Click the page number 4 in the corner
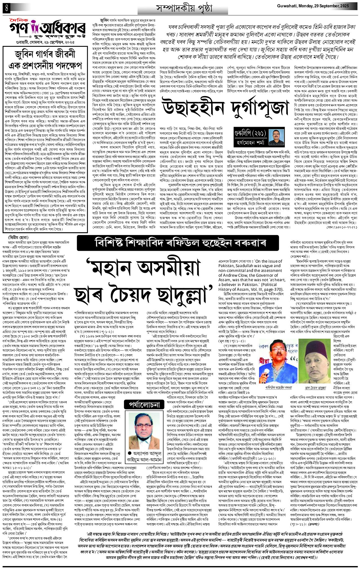point(6,8)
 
